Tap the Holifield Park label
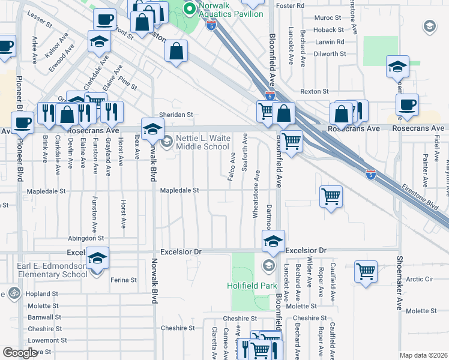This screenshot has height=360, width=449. tap(252, 286)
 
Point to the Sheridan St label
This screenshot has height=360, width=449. tap(175, 115)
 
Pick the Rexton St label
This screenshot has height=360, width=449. tap(315, 91)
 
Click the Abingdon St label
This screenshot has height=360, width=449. tap(86, 238)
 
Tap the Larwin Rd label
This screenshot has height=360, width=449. tap(331, 42)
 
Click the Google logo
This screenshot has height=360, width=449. tap(20, 353)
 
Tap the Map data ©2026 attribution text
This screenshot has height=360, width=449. tap(423, 355)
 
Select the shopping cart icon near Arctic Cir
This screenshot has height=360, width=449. tap(366, 271)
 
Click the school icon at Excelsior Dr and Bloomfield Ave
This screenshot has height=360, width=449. tap(273, 241)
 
